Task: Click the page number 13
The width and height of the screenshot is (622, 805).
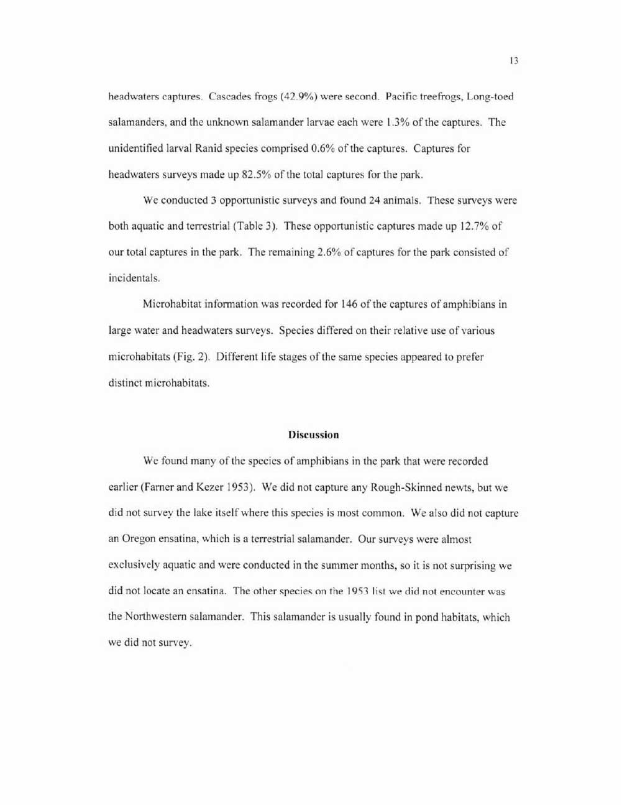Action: [x=513, y=61]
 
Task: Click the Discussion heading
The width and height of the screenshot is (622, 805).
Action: [x=313, y=435]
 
